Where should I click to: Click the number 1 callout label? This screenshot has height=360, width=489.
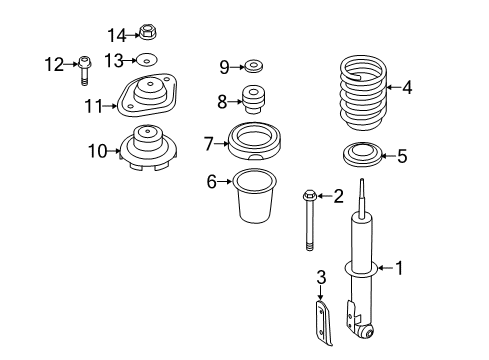tap(399, 267)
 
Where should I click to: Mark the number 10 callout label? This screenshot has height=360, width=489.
tap(96, 152)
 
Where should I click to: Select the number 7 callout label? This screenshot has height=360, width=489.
tap(208, 144)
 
